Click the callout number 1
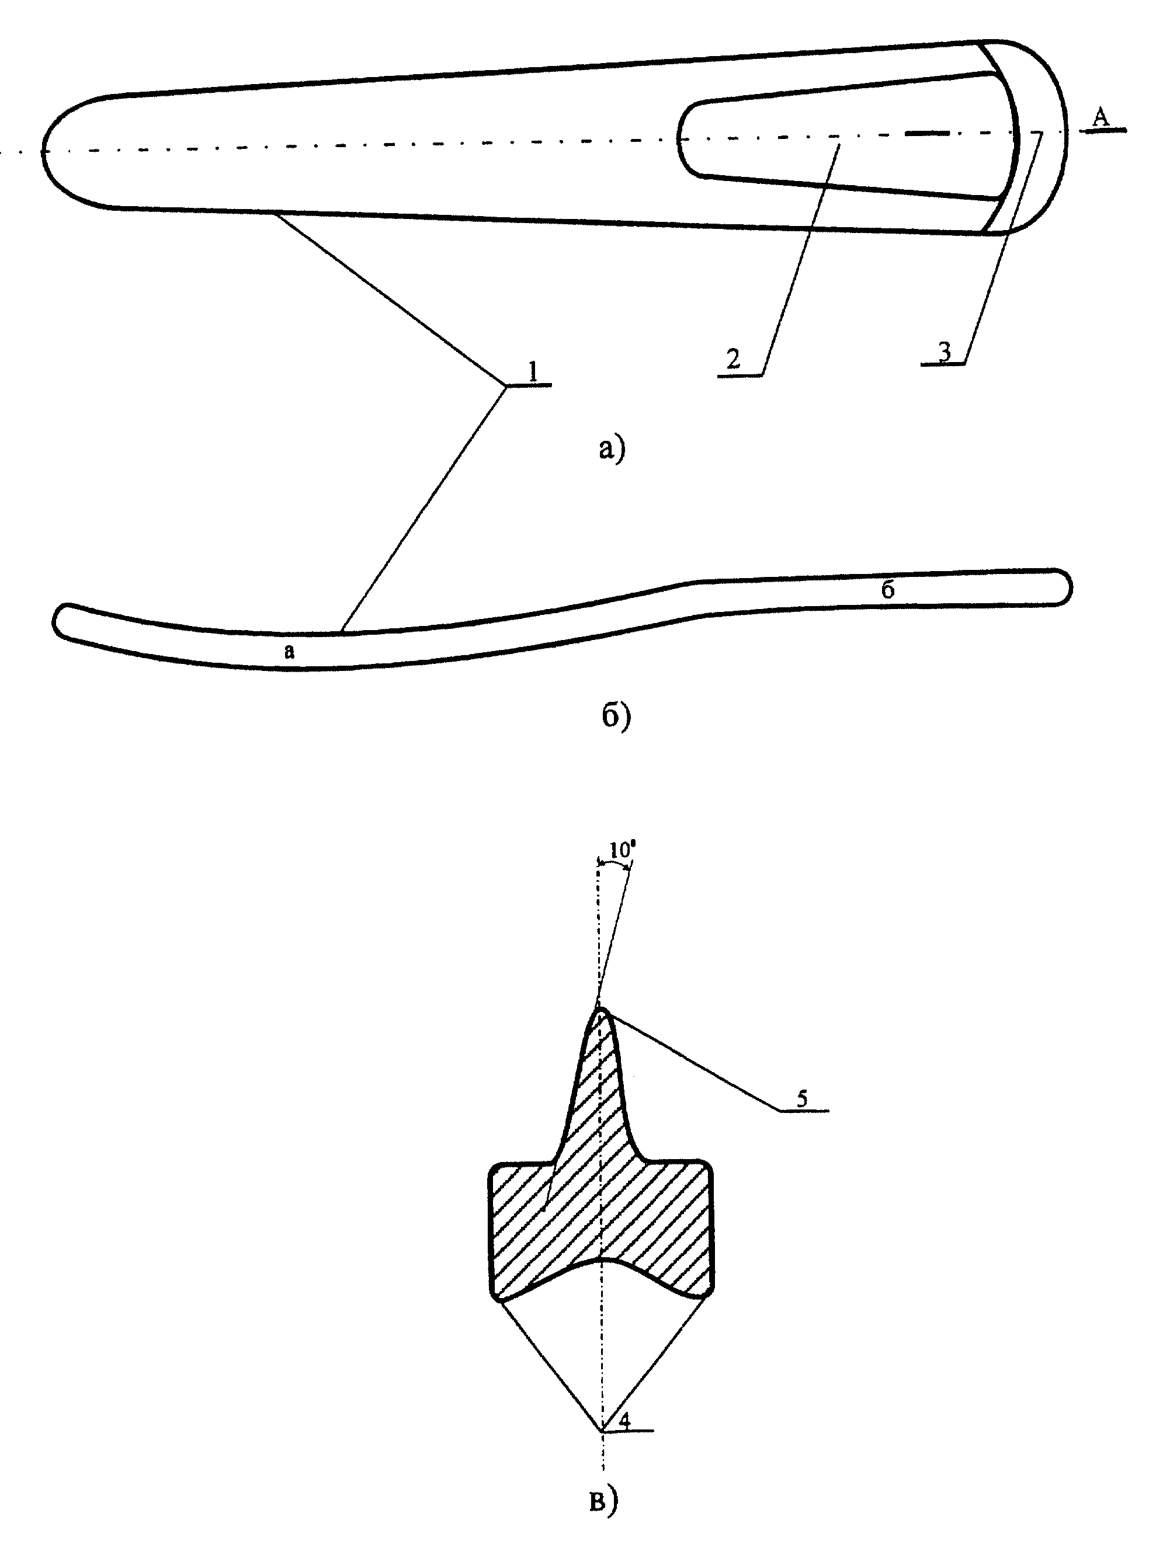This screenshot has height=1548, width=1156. (x=533, y=371)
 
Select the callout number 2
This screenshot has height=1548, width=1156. (x=733, y=360)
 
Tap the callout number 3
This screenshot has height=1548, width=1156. (x=945, y=353)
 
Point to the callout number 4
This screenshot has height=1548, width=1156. (x=625, y=1420)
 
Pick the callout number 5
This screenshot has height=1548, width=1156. (x=802, y=1098)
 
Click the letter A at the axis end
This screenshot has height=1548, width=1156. (x=1101, y=117)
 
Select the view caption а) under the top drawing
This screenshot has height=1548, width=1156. (x=611, y=448)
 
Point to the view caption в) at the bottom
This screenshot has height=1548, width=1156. (x=603, y=1500)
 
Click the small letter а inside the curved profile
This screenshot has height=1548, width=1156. (x=290, y=652)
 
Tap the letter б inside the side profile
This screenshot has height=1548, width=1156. (x=887, y=589)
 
